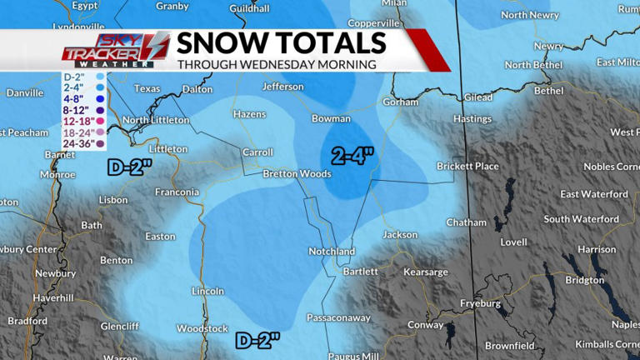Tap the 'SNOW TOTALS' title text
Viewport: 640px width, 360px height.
point(281,43)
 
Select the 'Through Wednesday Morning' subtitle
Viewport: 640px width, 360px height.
point(276,64)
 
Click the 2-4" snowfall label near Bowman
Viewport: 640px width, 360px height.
point(352,155)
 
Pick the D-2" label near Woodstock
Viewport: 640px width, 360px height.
point(257,340)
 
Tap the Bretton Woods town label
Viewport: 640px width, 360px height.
point(297,174)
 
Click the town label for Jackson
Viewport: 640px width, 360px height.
point(400,235)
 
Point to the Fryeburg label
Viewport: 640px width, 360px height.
point(481,303)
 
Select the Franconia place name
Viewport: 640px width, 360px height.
point(177,192)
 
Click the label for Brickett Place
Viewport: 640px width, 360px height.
point(467,167)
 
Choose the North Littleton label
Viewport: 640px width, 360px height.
point(156,120)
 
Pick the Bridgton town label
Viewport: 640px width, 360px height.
point(584,280)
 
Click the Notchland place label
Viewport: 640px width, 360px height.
point(331,251)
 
